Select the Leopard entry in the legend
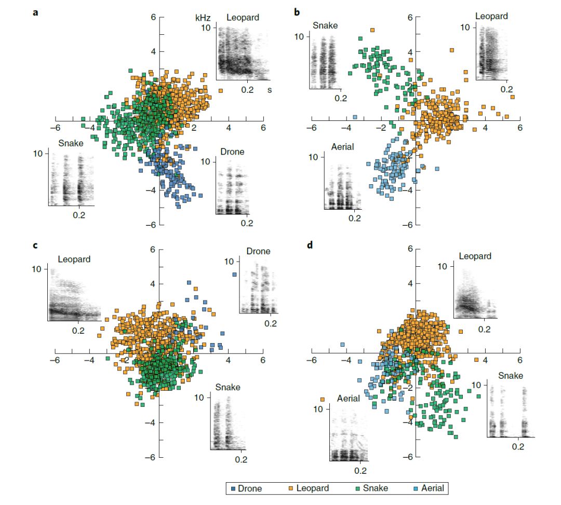[312, 488]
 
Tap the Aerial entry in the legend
[430, 488]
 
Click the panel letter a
[35, 11]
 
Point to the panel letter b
[297, 11]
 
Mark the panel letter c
[35, 245]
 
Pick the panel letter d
[311, 244]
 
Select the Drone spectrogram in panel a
[232, 189]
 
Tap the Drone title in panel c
[258, 251]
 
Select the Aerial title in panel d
[349, 399]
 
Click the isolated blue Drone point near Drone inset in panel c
[234, 275]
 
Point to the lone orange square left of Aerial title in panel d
[323, 400]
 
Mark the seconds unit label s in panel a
[269, 90]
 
